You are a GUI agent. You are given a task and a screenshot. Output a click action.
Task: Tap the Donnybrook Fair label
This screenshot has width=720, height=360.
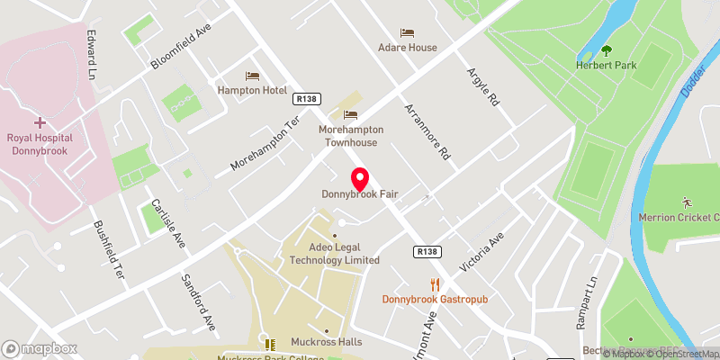[x=360, y=194]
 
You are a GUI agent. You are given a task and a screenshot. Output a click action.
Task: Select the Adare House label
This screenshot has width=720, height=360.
[x=408, y=48]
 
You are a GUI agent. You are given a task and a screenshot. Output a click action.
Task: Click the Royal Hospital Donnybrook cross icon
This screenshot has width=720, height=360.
[x=39, y=122]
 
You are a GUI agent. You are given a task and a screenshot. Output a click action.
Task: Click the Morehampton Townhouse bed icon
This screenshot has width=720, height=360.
[x=350, y=114]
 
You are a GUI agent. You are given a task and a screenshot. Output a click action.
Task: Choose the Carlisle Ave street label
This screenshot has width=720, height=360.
[x=167, y=223]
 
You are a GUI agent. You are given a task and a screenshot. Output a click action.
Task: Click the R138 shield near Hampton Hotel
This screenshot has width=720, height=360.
[x=307, y=99]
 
